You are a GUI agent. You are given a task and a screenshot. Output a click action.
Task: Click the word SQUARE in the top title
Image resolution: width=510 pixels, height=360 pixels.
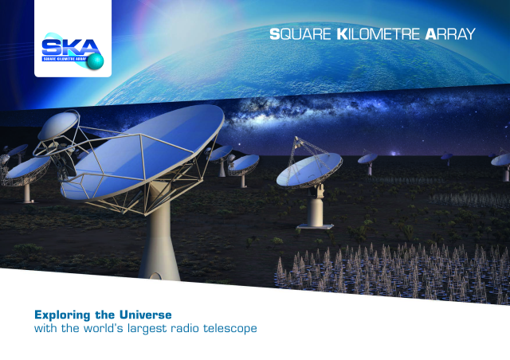point(300,34)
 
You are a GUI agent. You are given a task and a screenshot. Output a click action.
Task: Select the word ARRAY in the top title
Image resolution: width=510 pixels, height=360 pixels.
point(450,34)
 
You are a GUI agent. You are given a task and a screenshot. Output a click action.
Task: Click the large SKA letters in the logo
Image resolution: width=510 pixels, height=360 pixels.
point(70,48)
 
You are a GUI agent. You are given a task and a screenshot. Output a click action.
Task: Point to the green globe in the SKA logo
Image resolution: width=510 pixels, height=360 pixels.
point(96,61)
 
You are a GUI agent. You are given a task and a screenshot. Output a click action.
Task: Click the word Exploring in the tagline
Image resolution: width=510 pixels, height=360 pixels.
point(62,315)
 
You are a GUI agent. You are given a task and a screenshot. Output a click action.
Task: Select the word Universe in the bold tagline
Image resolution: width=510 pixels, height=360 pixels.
point(145,315)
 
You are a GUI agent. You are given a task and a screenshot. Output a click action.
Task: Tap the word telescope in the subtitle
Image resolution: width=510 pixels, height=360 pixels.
point(230,328)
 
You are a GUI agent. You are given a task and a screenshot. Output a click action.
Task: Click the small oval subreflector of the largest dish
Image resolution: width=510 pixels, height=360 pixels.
point(58,125)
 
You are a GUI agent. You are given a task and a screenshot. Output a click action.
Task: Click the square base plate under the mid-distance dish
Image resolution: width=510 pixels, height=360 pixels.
point(316,226)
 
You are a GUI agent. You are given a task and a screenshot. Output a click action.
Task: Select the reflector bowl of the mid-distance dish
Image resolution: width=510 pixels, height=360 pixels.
point(309,170)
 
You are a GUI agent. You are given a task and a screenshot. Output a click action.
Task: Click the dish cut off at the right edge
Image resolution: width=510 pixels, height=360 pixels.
point(501,161)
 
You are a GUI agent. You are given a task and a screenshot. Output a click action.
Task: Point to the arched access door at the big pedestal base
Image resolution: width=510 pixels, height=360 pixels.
point(155,276)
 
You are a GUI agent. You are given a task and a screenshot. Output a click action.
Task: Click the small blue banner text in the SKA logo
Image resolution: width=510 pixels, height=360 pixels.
point(65,59)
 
